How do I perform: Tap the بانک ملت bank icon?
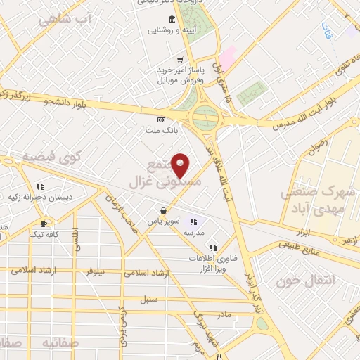click(x=160, y=120)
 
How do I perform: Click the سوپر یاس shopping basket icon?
click(x=164, y=210)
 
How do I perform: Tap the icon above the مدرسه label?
click(x=193, y=221)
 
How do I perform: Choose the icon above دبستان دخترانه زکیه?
click(x=40, y=186)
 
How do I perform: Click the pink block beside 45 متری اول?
click(x=228, y=58)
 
